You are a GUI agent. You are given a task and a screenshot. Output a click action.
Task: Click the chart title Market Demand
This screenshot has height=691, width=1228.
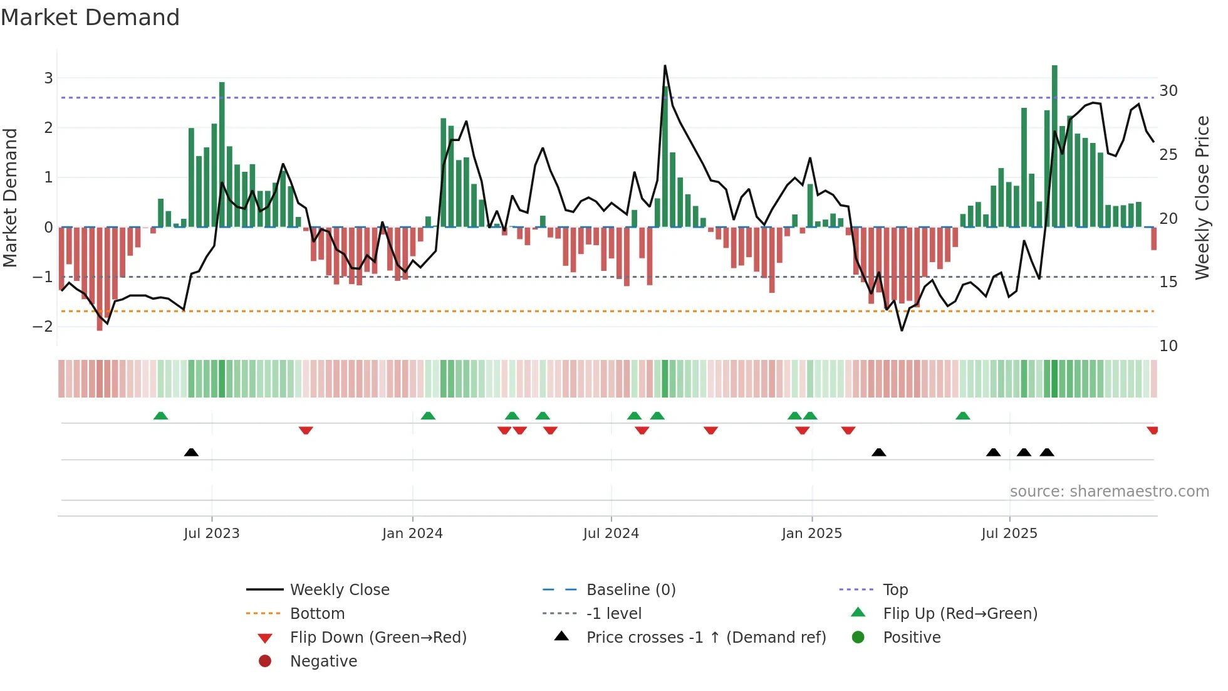(x=90, y=18)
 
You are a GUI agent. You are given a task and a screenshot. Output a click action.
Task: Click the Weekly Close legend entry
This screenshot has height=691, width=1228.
(x=339, y=589)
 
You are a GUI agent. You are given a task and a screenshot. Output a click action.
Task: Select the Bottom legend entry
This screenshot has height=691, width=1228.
(x=317, y=613)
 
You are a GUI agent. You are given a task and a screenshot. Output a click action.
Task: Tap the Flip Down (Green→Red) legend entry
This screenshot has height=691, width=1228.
(x=378, y=637)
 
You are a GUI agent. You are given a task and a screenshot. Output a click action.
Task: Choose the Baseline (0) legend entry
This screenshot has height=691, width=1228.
(x=630, y=589)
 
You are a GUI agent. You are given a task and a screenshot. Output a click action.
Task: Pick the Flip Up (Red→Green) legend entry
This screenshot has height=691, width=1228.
(x=960, y=613)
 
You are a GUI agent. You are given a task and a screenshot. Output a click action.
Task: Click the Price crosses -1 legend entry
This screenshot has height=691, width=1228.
(x=705, y=637)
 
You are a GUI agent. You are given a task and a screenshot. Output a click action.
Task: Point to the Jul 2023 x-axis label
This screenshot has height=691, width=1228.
(x=212, y=533)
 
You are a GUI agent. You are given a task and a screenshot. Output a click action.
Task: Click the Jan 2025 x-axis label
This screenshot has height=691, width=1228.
(x=811, y=533)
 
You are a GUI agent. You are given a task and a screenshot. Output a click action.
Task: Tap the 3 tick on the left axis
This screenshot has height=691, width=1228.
(x=48, y=78)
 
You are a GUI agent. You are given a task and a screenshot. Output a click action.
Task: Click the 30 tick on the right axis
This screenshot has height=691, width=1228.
(x=1168, y=91)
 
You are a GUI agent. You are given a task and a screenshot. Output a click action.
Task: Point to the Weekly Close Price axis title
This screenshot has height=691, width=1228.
(x=1202, y=198)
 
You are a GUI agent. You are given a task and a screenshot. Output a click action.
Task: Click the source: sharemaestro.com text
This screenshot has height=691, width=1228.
(x=1109, y=491)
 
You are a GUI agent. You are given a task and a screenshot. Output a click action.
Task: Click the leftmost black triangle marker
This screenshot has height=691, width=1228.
(x=191, y=452)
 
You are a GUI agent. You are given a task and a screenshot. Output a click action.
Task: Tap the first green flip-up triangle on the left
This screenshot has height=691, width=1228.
(x=160, y=416)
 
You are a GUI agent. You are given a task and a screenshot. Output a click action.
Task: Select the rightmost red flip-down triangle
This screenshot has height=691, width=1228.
(x=1152, y=430)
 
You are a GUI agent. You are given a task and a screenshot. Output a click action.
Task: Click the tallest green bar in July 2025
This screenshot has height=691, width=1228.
(x=1054, y=144)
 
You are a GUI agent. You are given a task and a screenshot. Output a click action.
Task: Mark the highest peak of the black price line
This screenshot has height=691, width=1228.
(x=665, y=66)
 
